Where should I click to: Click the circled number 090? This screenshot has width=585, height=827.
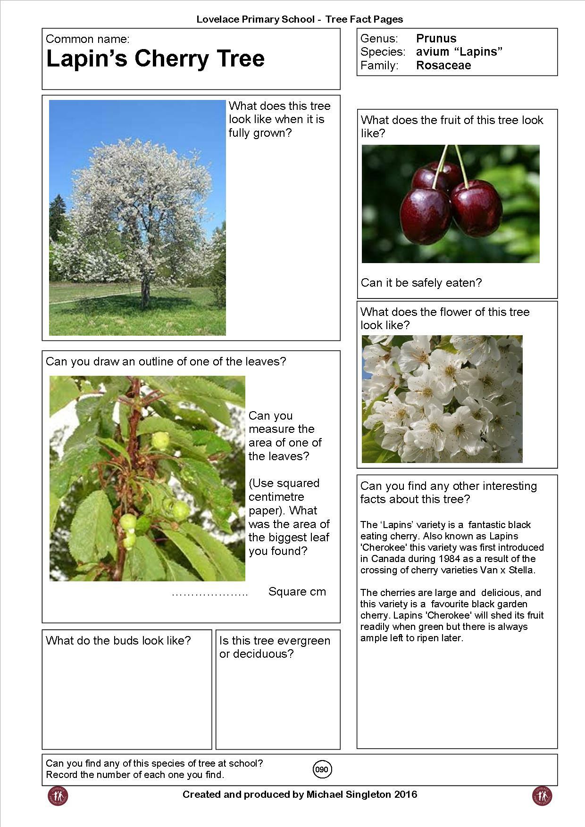(x=322, y=769)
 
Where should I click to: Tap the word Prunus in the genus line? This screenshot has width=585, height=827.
(x=436, y=38)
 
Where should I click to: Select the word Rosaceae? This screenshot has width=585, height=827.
(x=443, y=66)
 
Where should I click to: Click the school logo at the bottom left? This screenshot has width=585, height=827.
(x=58, y=796)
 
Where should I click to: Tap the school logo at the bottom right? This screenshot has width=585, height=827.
(x=542, y=796)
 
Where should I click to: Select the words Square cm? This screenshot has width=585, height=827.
(x=297, y=592)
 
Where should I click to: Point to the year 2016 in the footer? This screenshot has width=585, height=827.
(x=405, y=794)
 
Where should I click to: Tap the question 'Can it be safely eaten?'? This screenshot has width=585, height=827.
(x=421, y=283)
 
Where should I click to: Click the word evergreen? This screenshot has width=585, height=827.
(x=304, y=641)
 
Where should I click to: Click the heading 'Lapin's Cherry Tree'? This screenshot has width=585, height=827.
(x=155, y=59)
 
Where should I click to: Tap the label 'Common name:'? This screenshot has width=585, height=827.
(x=87, y=39)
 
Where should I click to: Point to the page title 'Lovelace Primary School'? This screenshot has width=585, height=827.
(x=255, y=19)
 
